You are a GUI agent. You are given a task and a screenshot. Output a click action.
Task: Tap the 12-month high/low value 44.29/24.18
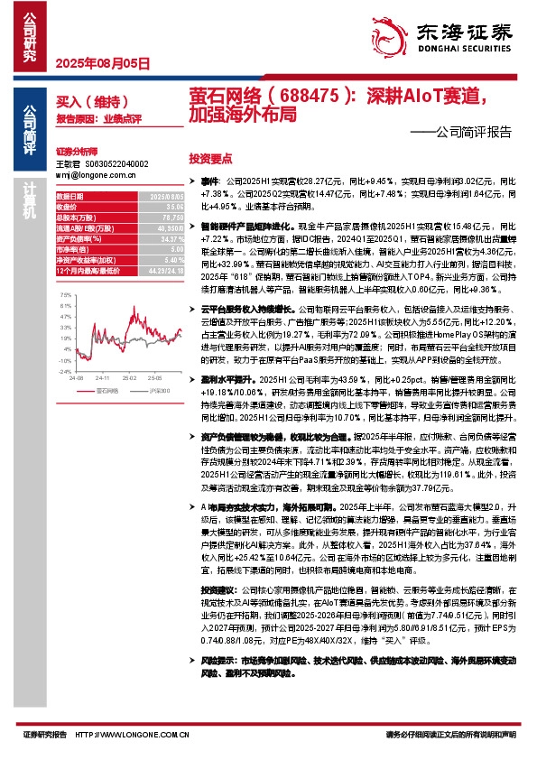point(164,270)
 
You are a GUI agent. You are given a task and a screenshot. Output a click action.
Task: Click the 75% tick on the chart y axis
point(65,294)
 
